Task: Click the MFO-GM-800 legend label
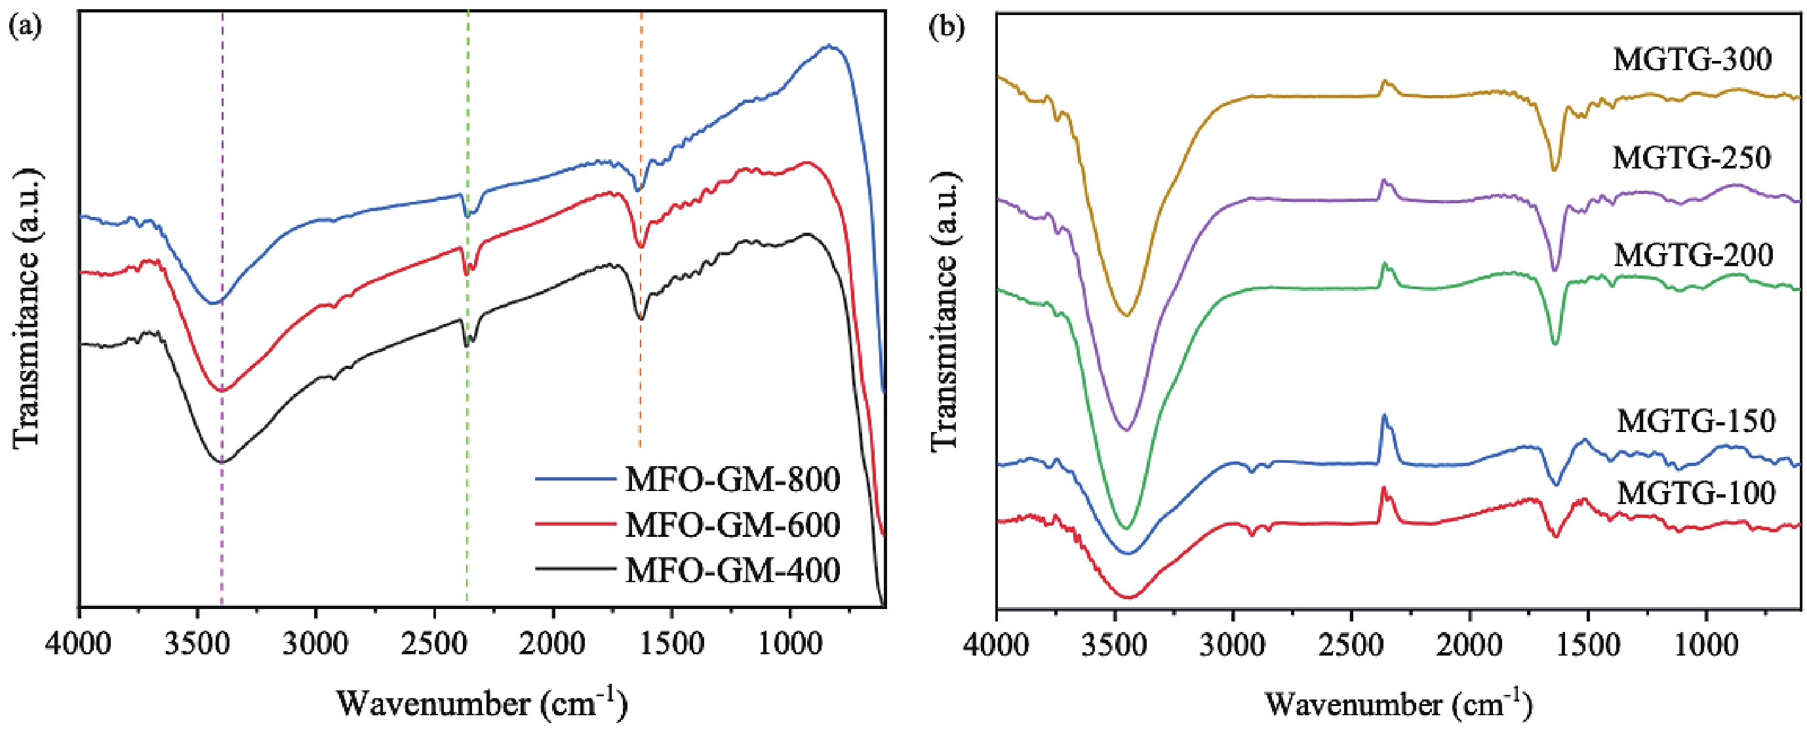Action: (x=732, y=480)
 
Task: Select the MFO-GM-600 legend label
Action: (x=732, y=525)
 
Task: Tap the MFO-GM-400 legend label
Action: (x=732, y=570)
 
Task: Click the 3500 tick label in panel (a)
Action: (x=199, y=644)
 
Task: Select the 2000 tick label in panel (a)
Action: (x=554, y=644)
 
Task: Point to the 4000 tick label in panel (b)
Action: (x=997, y=644)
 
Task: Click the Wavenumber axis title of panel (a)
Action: (x=481, y=702)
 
